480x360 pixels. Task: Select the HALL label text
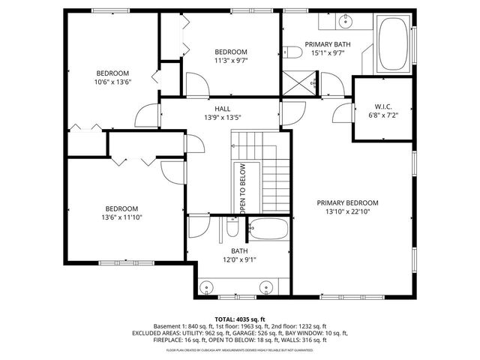coord(222,109)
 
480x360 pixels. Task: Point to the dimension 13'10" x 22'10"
coord(347,211)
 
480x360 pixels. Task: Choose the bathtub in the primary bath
coord(393,45)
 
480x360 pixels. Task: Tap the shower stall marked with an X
coord(301,81)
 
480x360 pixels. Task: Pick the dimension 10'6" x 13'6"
coord(113,82)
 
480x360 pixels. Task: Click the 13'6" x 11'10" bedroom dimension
coord(121,217)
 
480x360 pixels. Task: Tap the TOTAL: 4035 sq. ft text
coord(240,319)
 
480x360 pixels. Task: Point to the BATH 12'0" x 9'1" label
coord(239,256)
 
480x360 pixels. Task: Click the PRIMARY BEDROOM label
coord(347,202)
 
